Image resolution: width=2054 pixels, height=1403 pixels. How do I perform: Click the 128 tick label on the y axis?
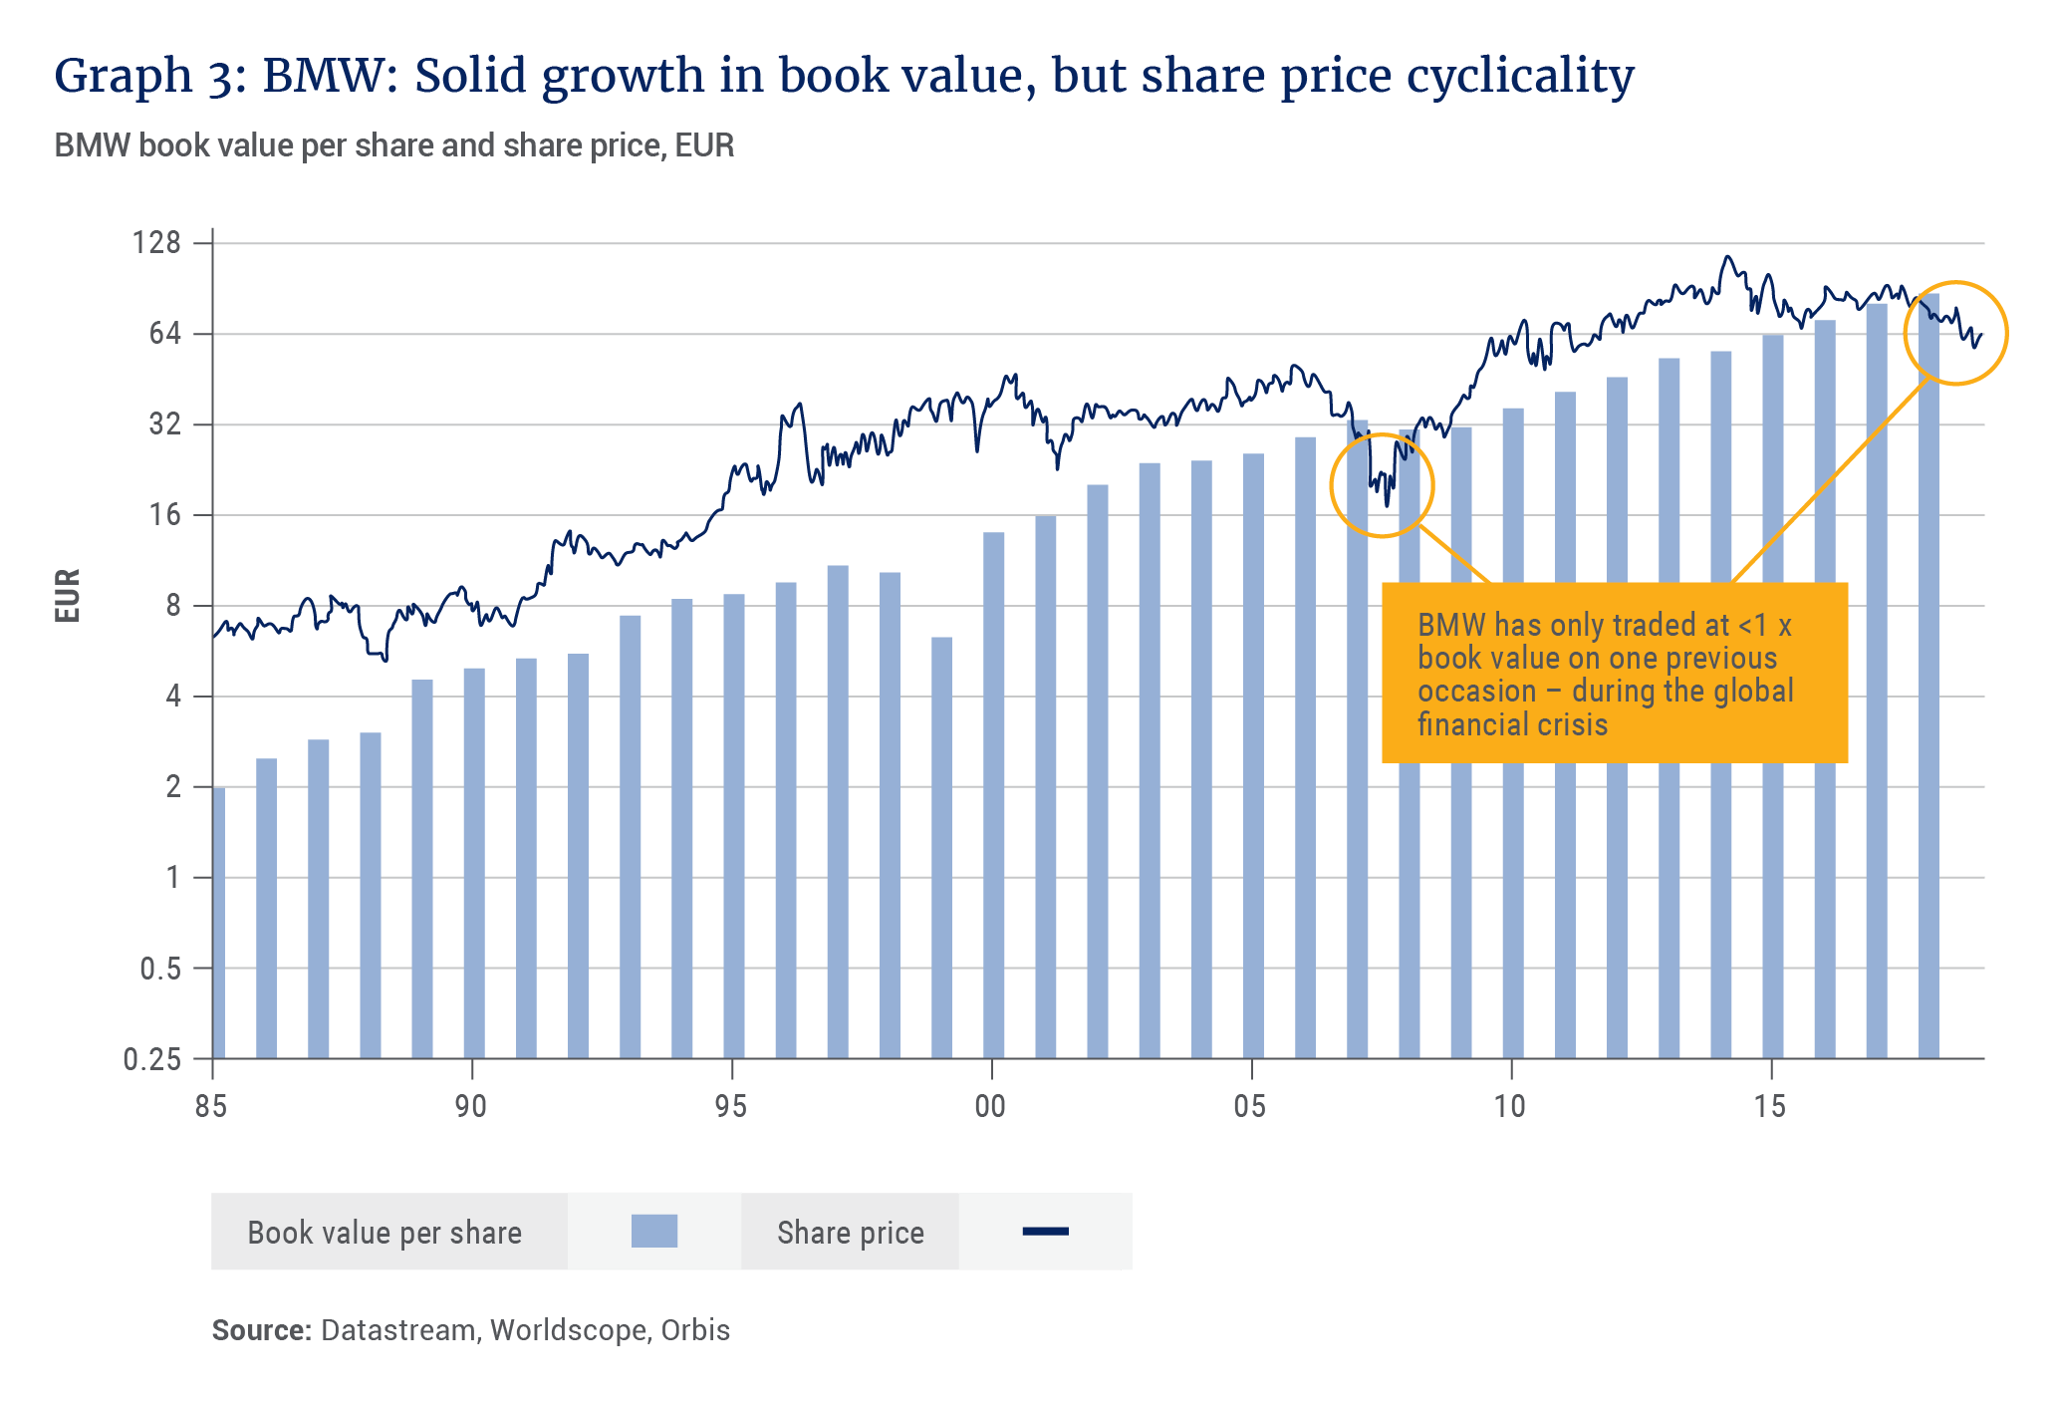tap(156, 242)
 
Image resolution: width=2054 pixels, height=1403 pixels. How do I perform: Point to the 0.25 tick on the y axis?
tap(152, 1059)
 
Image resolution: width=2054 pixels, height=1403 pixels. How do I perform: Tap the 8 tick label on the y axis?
tap(173, 606)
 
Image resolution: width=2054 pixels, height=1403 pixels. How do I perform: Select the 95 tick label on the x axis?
tap(731, 1106)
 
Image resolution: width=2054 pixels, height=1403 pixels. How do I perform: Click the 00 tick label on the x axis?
tap(990, 1106)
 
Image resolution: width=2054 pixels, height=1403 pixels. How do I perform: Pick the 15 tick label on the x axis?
tap(1770, 1106)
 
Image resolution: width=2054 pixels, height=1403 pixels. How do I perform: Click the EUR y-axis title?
tap(67, 596)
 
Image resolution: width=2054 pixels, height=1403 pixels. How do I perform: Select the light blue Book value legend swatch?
tap(654, 1232)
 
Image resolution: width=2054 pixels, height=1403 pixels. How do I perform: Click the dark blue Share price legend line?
tap(1045, 1232)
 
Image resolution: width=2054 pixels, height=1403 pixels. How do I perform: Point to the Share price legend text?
tap(851, 1233)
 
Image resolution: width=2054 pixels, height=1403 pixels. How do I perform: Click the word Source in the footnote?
tap(261, 1330)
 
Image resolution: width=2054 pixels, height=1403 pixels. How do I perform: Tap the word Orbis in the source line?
tap(695, 1330)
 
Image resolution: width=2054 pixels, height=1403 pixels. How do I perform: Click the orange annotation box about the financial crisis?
tap(1614, 673)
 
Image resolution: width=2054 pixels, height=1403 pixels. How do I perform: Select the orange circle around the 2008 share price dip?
tap(1382, 486)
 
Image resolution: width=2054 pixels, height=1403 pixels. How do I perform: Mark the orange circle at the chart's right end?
tap(1955, 333)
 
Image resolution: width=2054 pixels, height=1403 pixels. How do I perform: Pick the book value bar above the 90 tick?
tap(474, 862)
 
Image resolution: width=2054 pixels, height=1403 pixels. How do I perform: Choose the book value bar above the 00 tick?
tap(994, 794)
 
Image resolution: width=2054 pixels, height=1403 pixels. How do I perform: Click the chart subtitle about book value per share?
tap(394, 145)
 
